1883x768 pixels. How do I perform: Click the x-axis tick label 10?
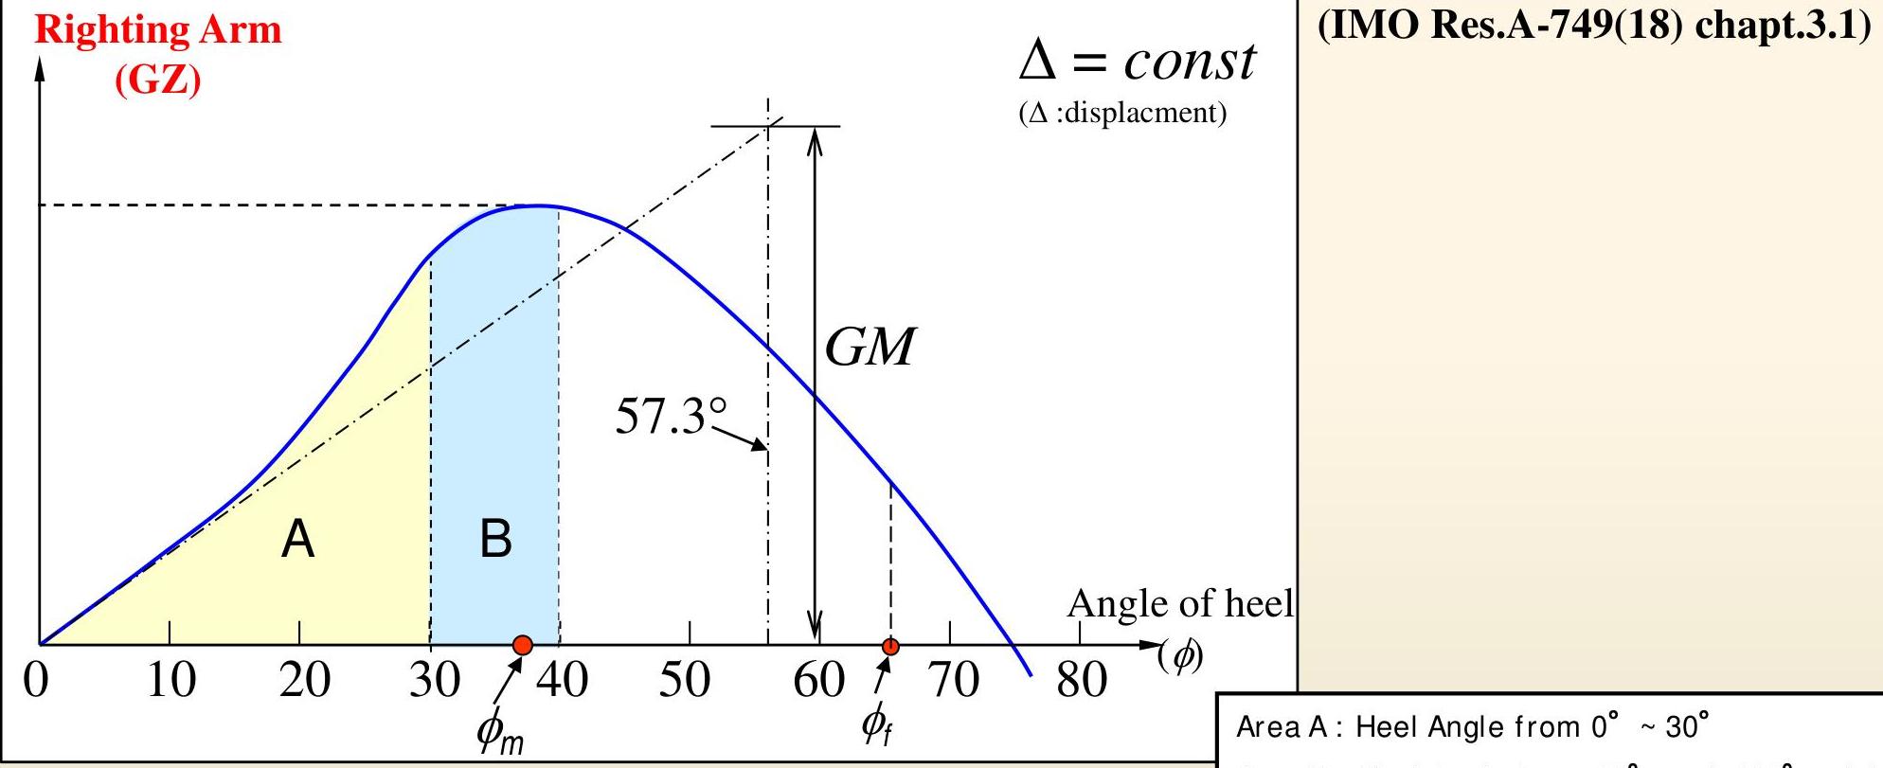point(170,679)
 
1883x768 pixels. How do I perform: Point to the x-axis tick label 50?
point(684,679)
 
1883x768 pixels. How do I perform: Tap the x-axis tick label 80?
point(1081,679)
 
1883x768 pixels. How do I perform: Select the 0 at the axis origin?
point(36,679)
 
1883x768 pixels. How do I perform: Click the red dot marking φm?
point(522,646)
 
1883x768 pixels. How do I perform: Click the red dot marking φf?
point(890,647)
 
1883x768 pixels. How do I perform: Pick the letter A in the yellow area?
point(297,540)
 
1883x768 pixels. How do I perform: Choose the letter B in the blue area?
point(495,538)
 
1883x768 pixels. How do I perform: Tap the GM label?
point(870,347)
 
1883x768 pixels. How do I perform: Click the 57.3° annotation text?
point(671,416)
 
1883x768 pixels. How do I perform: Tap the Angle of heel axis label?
point(1179,603)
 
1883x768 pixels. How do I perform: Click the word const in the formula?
point(1190,62)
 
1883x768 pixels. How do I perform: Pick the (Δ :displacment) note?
point(1122,113)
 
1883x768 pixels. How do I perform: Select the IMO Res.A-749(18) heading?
point(1593,25)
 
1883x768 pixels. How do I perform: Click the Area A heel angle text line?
point(1473,726)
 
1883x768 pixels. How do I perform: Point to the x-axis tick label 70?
point(952,679)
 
